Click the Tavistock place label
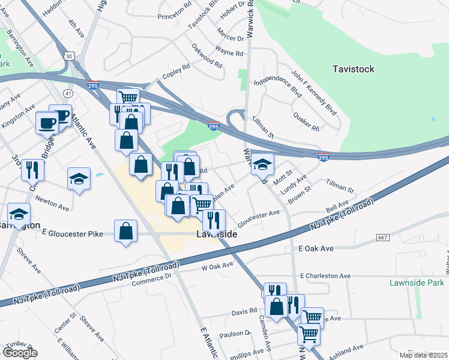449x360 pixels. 353,69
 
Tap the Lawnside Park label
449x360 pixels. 414,283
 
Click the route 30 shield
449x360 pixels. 70,56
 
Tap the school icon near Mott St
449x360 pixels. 262,163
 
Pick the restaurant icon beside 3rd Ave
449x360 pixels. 32,170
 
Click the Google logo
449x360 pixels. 20,353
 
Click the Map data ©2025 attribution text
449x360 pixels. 423,355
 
